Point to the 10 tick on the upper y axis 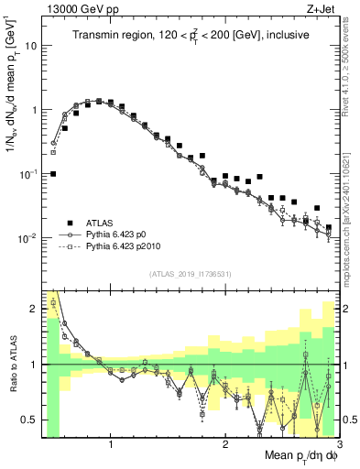[x=31, y=45]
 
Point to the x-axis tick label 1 [x=111, y=445]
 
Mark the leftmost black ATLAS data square [x=53, y=173]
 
